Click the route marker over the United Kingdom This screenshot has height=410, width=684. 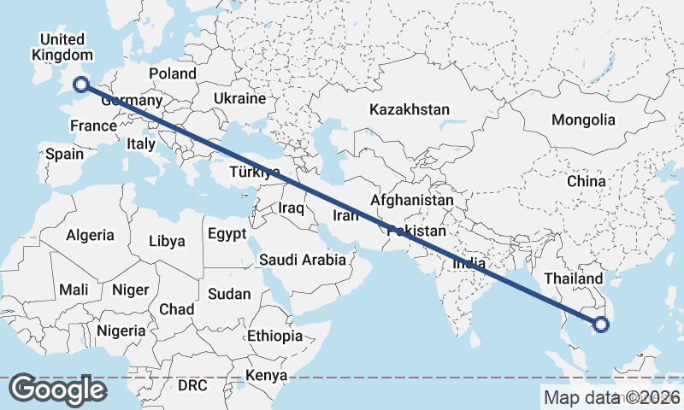click(x=81, y=84)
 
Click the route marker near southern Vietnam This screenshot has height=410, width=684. click(x=601, y=324)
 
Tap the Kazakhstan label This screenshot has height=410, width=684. click(x=410, y=109)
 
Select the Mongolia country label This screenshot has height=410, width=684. click(x=583, y=120)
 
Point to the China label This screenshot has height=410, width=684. click(x=586, y=181)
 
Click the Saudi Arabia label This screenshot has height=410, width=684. click(x=303, y=260)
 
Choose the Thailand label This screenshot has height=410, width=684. click(x=574, y=278)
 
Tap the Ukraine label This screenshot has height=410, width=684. click(x=240, y=98)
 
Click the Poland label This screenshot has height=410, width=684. click(x=172, y=73)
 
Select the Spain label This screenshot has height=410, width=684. click(x=65, y=154)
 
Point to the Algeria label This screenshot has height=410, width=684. click(x=90, y=234)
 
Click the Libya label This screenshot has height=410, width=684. click(x=167, y=241)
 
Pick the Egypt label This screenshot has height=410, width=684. click(x=227, y=233)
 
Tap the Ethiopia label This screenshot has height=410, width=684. click(x=274, y=336)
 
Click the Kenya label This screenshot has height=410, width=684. click(x=266, y=375)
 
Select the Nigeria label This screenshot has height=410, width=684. click(x=121, y=330)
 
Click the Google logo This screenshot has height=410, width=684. click(x=57, y=389)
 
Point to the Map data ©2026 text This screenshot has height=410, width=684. click(x=612, y=397)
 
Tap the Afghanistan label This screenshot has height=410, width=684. click(x=412, y=200)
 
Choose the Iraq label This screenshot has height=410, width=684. click(x=292, y=208)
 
